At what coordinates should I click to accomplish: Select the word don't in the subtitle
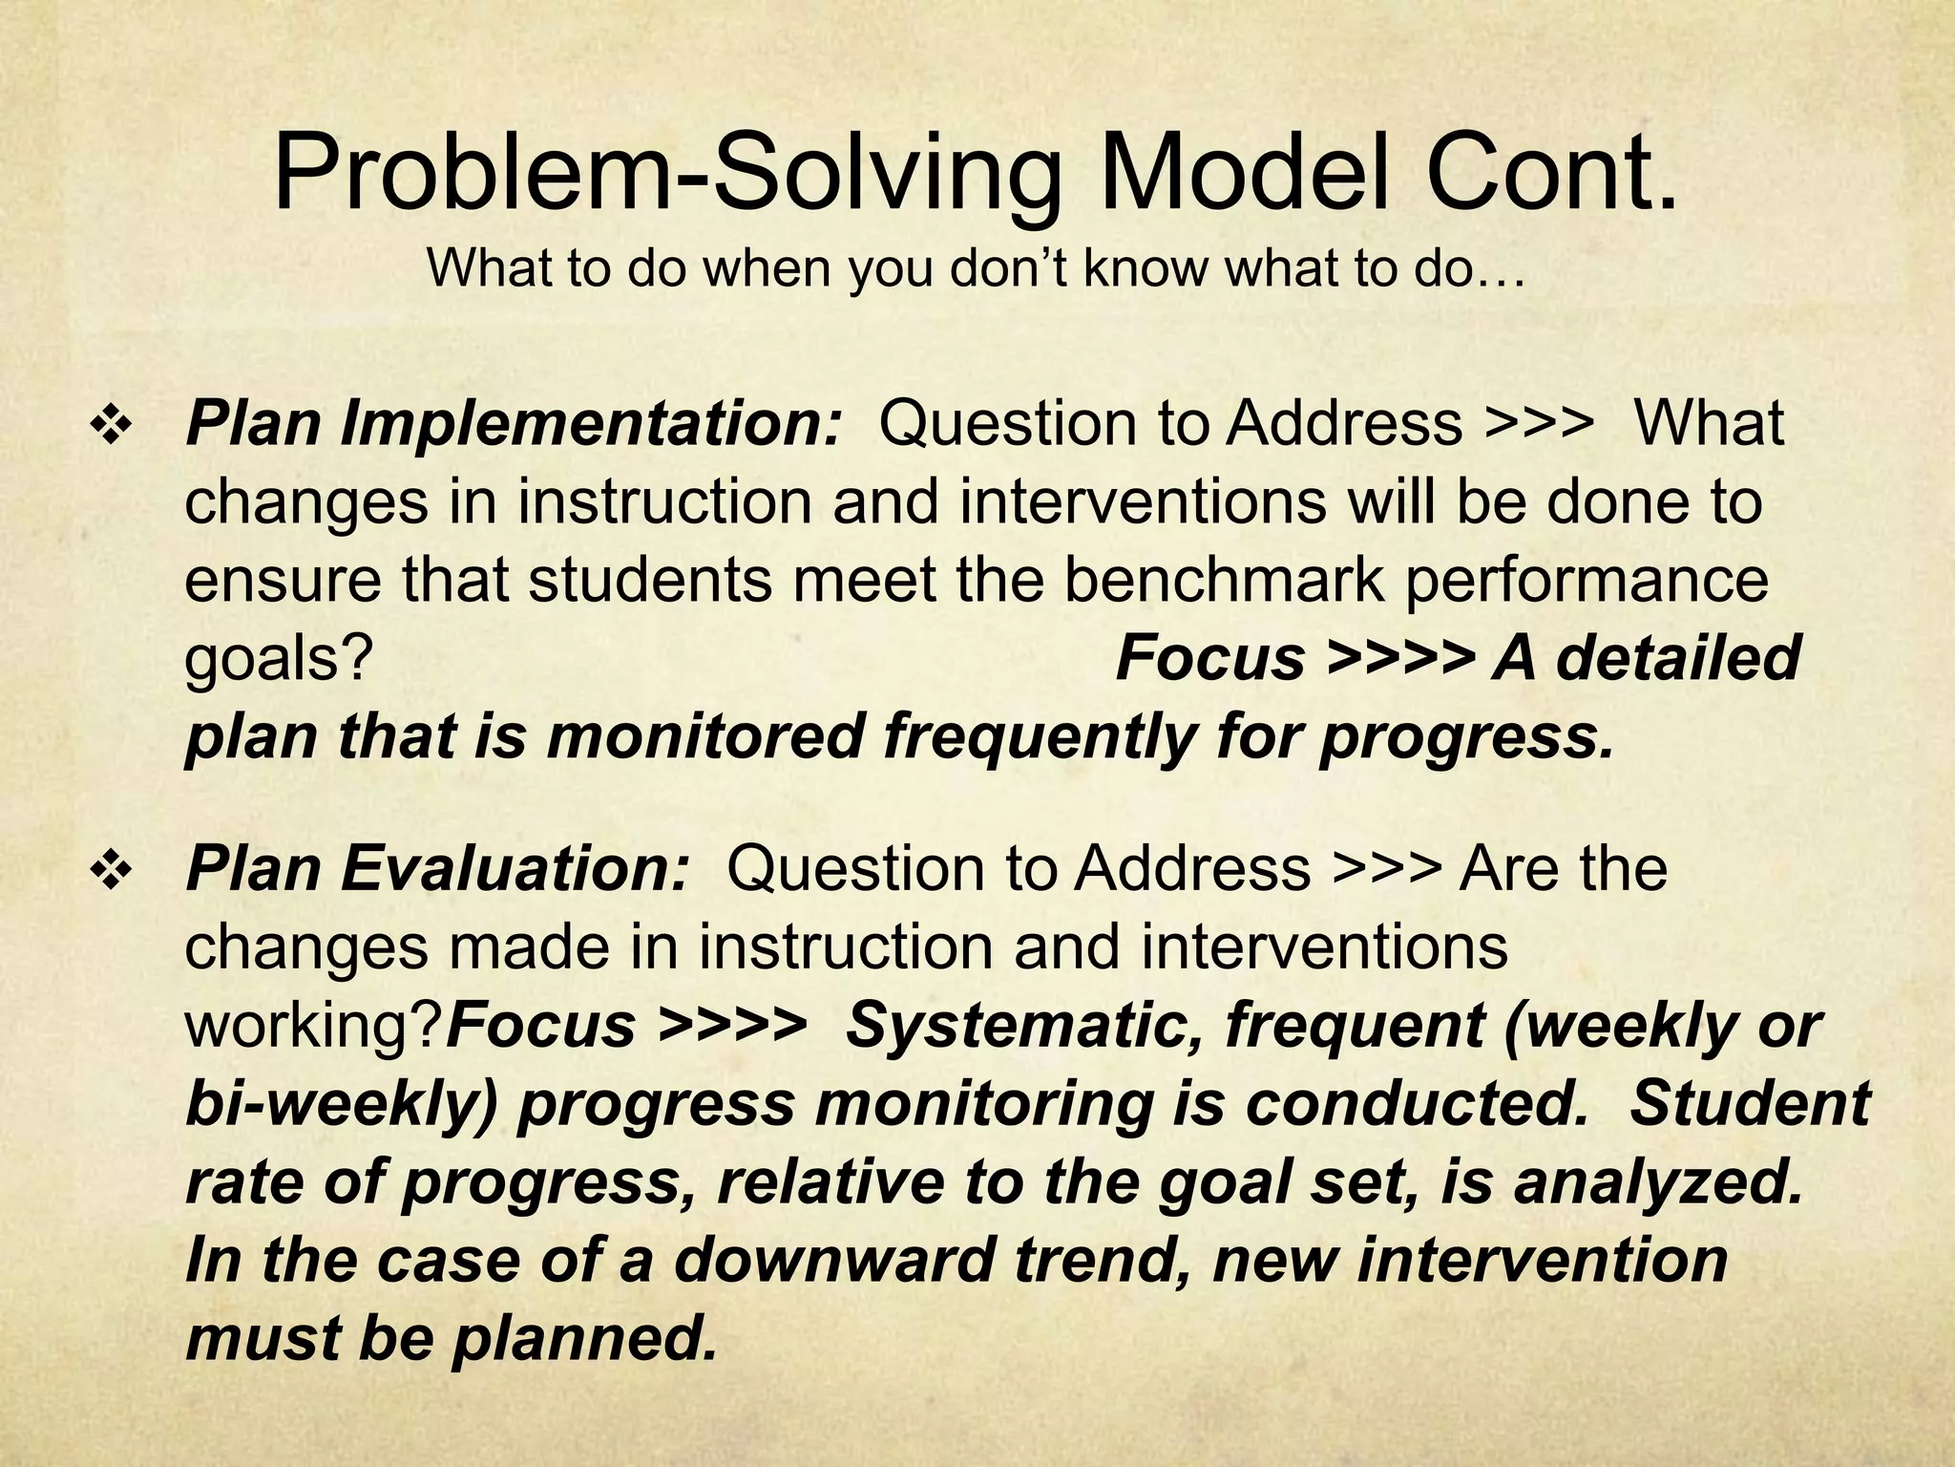click(x=1014, y=269)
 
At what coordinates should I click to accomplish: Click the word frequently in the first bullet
click(x=1037, y=739)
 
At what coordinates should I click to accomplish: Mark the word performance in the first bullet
click(x=1586, y=582)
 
